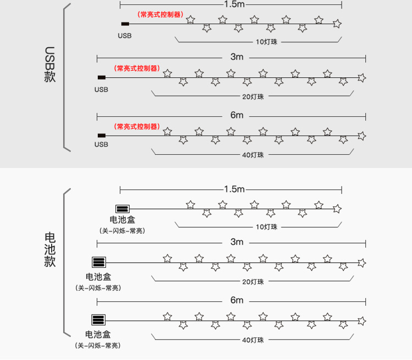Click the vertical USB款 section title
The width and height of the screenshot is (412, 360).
click(x=50, y=64)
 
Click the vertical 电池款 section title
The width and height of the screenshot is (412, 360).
click(x=50, y=250)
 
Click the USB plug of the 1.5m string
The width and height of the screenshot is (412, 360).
click(x=125, y=24)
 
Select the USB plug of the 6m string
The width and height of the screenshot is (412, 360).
click(x=102, y=135)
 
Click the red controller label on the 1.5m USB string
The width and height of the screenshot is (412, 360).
click(x=160, y=15)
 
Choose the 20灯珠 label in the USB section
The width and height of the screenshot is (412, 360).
click(x=253, y=97)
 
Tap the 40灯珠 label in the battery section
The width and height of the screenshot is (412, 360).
click(x=253, y=340)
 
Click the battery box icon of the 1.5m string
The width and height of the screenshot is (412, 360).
click(x=122, y=209)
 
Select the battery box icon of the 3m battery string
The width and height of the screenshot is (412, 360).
click(x=99, y=262)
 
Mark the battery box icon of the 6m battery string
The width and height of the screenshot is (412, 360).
click(x=99, y=320)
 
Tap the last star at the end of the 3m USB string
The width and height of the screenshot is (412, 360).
click(x=361, y=77)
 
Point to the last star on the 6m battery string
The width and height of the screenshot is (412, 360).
click(x=361, y=320)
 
